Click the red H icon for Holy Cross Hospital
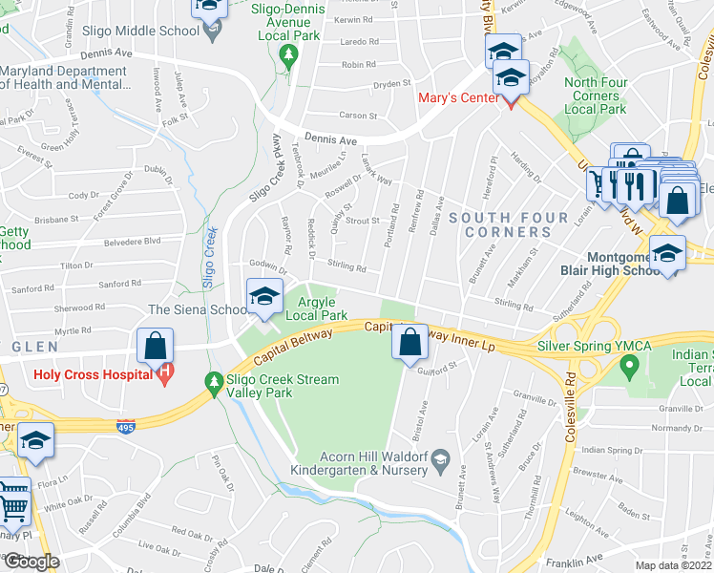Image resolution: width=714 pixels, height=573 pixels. pos(167,372)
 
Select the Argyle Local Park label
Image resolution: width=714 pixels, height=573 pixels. pos(316,308)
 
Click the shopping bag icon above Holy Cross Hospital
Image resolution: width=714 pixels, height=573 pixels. pos(154,346)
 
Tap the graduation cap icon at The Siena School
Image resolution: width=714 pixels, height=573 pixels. pos(264,295)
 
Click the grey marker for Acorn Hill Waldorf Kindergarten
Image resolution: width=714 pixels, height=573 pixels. pos(440,462)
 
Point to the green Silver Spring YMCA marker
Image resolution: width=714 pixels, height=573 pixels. pos(628,364)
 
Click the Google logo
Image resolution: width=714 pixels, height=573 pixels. pos(31,562)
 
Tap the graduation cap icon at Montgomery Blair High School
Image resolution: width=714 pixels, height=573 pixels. pos(667,253)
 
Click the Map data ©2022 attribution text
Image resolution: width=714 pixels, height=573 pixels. pos(674,564)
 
